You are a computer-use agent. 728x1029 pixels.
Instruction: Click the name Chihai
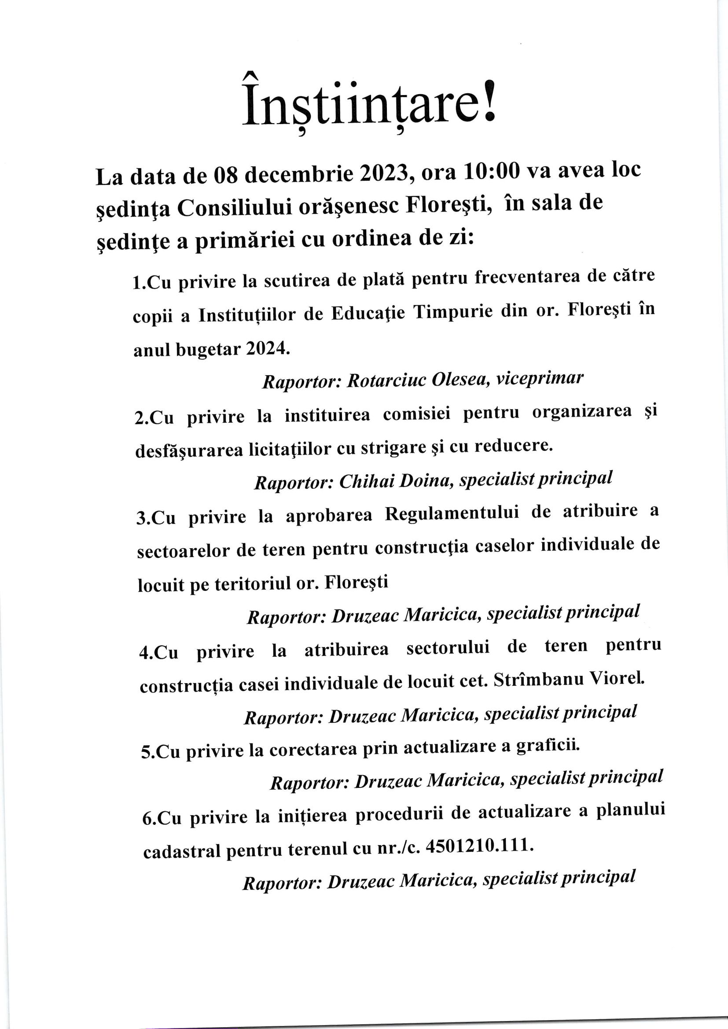[x=366, y=481]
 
